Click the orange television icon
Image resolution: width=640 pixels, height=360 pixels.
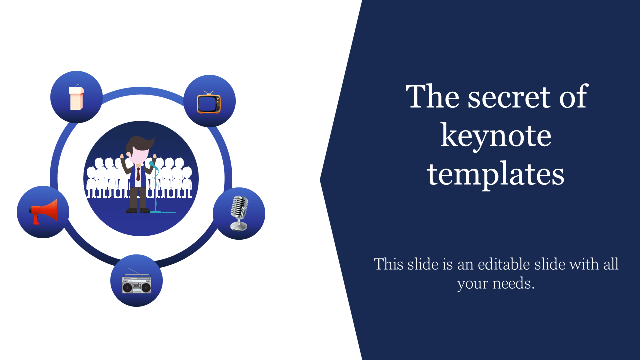(x=209, y=103)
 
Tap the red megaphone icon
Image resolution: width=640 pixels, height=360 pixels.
(x=43, y=212)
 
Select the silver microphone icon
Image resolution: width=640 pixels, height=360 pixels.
(x=239, y=213)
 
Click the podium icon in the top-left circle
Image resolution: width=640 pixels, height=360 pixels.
(x=76, y=98)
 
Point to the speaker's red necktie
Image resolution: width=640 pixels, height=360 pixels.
(x=138, y=174)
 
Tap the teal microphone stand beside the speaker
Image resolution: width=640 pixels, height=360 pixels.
(x=156, y=190)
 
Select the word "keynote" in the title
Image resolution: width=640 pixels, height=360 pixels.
(x=496, y=136)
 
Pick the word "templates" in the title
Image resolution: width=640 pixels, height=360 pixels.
(x=496, y=175)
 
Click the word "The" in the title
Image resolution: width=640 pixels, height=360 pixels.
(x=433, y=97)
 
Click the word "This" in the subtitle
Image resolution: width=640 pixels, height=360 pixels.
(x=388, y=264)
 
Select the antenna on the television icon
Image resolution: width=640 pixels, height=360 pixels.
(x=209, y=93)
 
